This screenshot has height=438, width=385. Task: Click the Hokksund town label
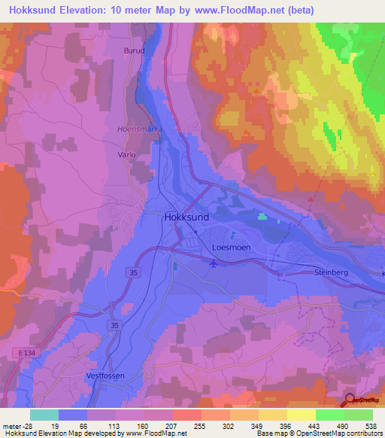pyautogui.click(x=186, y=216)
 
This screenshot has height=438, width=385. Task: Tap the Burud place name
pyautogui.click(x=132, y=50)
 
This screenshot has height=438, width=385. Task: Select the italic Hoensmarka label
pyautogui.click(x=140, y=129)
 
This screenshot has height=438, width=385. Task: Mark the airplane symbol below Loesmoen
pyautogui.click(x=213, y=263)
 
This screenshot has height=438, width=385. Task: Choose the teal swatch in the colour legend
pyautogui.click(x=44, y=415)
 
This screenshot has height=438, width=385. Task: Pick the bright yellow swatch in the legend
pyautogui.click(x=302, y=415)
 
